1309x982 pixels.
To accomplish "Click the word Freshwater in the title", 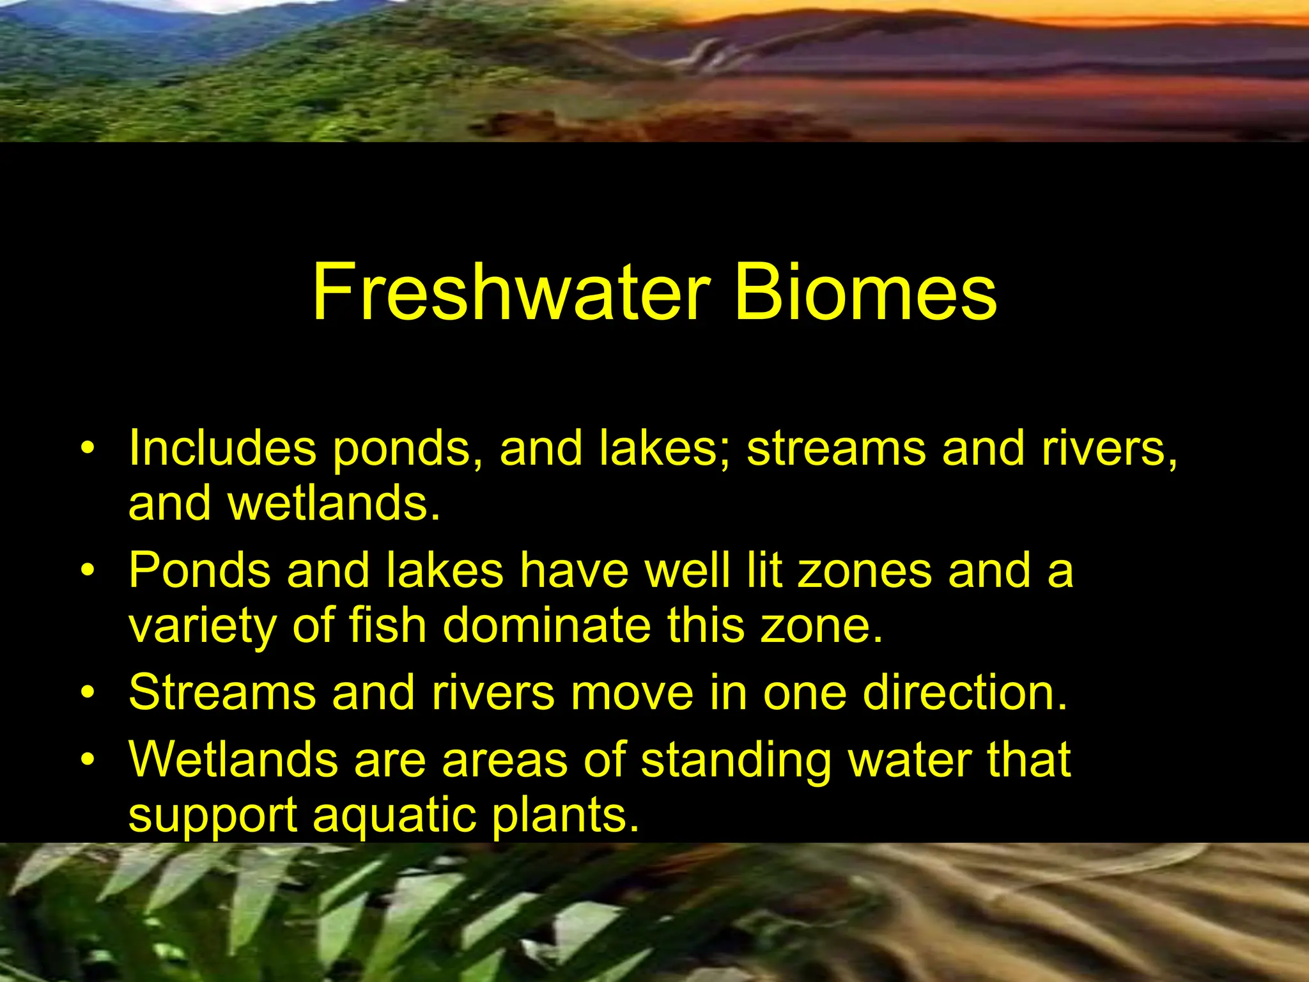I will pos(511,292).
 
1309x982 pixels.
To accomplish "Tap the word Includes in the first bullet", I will pos(222,448).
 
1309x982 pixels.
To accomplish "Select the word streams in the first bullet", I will pos(836,448).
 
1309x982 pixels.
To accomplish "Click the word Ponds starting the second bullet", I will pos(199,570).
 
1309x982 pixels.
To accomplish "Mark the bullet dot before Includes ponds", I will pos(88,447).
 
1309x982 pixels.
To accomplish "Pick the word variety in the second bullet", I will pos(202,626).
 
